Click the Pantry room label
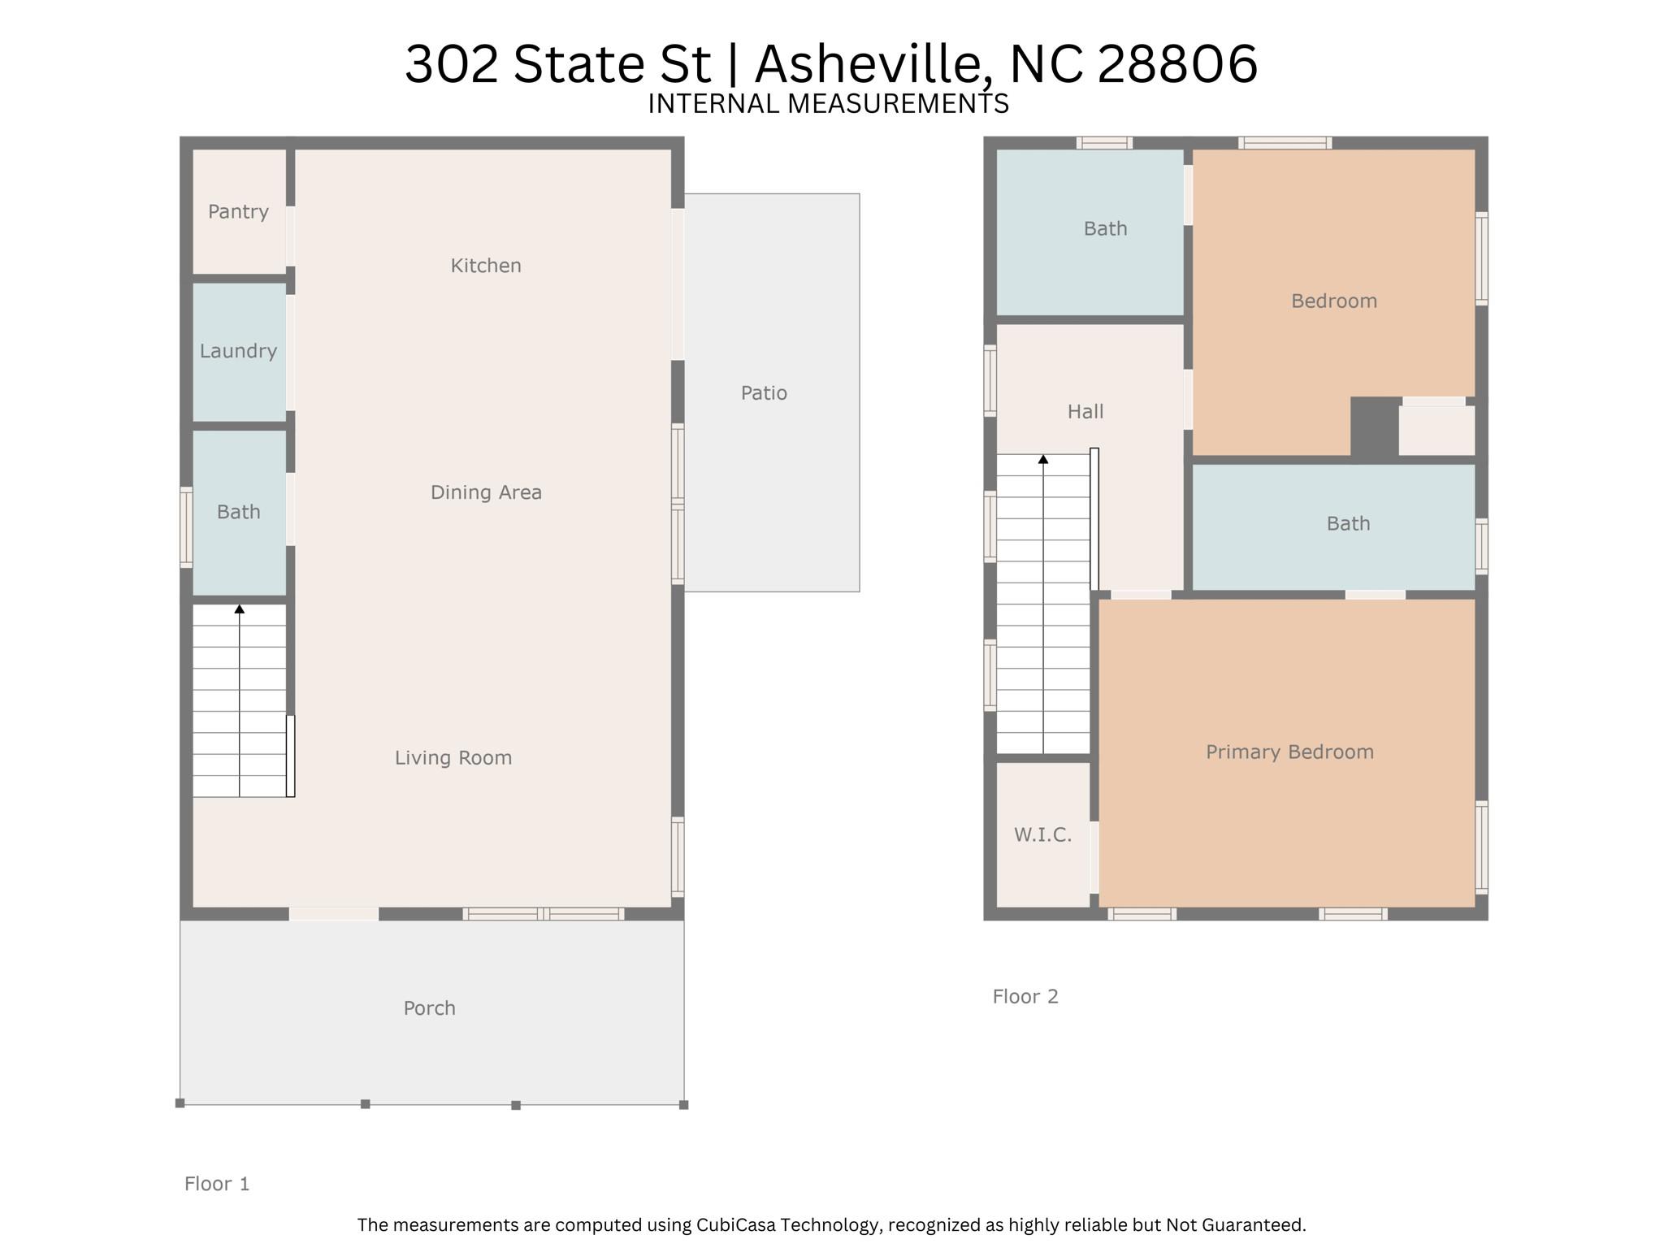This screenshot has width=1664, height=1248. click(238, 212)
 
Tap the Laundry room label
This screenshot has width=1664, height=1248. click(238, 351)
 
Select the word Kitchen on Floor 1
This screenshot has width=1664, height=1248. click(486, 266)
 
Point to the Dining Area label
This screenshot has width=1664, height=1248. click(486, 492)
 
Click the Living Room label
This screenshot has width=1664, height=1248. click(453, 758)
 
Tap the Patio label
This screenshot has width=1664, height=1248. click(764, 393)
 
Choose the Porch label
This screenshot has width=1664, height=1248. click(429, 1008)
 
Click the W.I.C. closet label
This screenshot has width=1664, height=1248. click(1042, 835)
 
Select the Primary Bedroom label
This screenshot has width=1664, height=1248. click(1289, 752)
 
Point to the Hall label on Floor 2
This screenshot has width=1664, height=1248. click(1085, 412)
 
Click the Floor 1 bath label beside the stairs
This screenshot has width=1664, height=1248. click(238, 512)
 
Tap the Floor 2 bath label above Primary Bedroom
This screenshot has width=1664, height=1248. click(1348, 524)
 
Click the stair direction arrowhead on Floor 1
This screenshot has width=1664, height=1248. click(240, 609)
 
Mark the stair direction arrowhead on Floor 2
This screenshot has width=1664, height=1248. click(1043, 459)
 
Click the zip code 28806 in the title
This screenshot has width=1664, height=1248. click(1177, 64)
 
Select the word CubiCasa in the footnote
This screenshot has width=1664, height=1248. click(730, 1224)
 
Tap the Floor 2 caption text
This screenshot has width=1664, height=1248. click(1025, 997)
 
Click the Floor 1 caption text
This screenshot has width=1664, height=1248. click(217, 1184)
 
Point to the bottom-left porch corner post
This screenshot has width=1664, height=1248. click(180, 1103)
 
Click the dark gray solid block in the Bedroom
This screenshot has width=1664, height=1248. click(1374, 427)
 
